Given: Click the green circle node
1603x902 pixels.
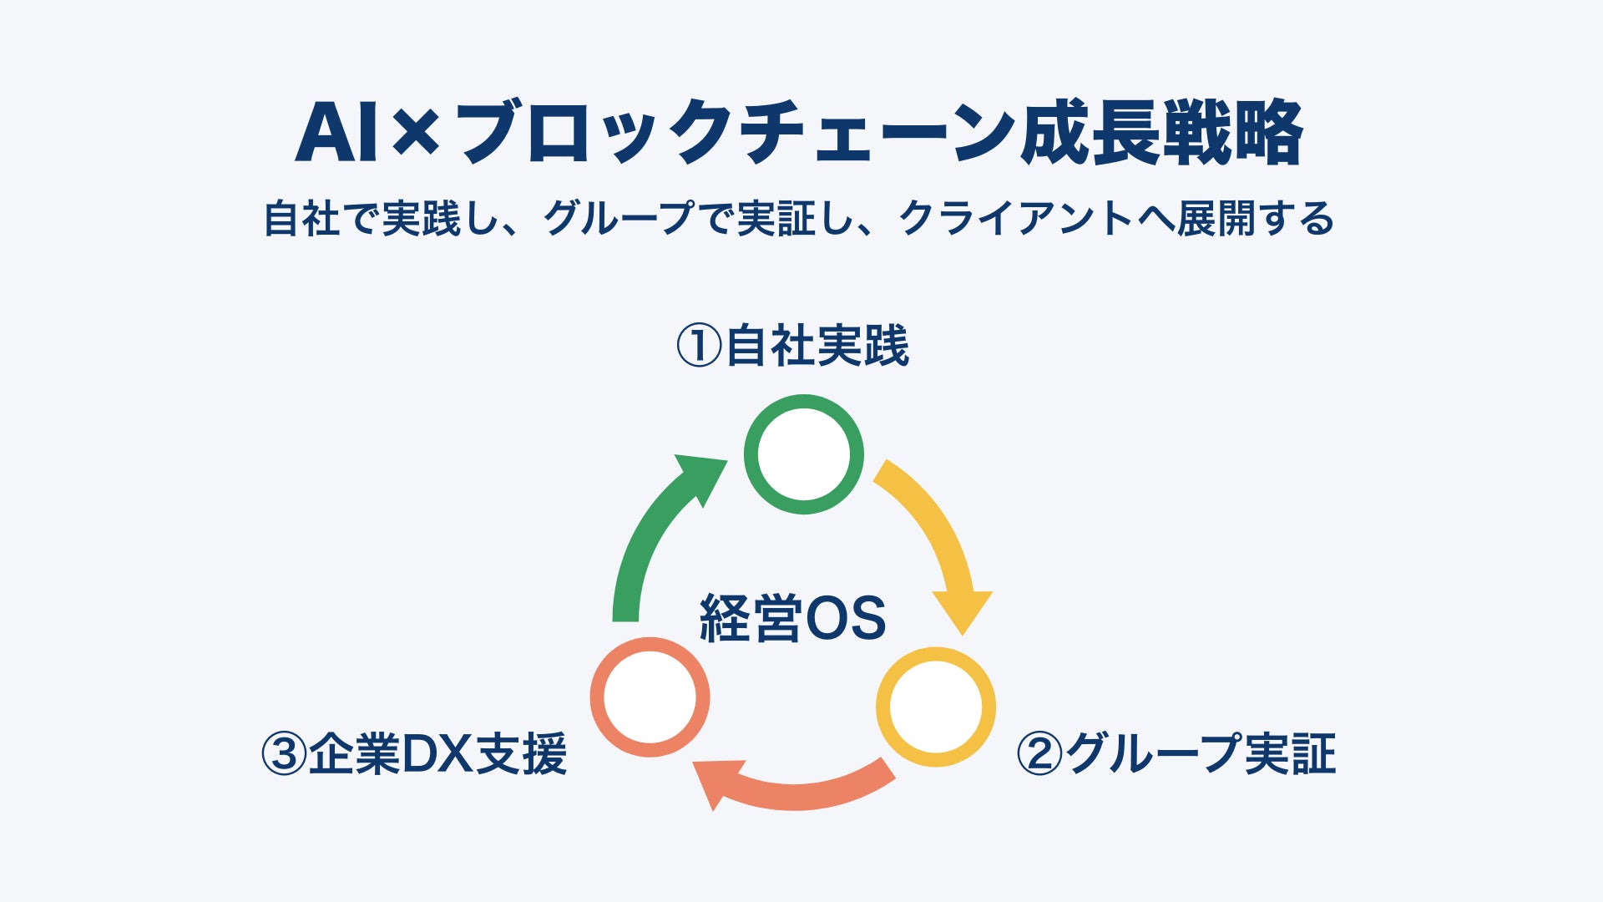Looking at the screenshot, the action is [803, 454].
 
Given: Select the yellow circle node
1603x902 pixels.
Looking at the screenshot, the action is [935, 707].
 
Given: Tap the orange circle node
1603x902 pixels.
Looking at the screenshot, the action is [650, 697].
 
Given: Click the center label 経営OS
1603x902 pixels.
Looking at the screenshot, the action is [792, 619].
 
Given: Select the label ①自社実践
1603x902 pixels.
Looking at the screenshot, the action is [792, 346].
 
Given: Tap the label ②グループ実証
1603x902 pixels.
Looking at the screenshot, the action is [1176, 753].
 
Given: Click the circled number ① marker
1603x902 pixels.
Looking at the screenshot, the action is [698, 346].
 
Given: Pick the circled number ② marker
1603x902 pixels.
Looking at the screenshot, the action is [1039, 753].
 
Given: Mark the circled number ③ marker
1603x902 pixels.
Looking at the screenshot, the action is [285, 753].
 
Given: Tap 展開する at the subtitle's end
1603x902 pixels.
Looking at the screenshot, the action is [1256, 219].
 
